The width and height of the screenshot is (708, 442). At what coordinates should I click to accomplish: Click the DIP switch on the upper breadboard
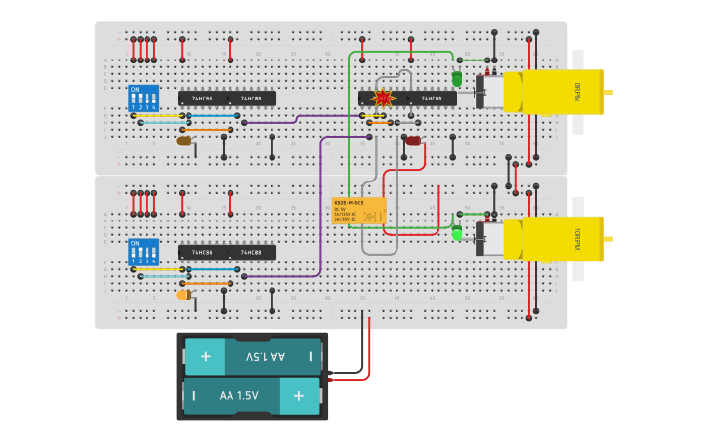143,98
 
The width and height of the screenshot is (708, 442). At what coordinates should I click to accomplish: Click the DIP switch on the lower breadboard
143,252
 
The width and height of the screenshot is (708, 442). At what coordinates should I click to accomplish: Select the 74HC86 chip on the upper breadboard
202,99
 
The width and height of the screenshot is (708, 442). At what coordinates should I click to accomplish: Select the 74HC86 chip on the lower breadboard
202,253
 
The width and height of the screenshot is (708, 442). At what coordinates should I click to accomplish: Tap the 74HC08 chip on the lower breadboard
252,253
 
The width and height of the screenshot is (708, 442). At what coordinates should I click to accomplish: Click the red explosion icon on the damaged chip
383,99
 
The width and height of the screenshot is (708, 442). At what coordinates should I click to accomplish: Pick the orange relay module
359,211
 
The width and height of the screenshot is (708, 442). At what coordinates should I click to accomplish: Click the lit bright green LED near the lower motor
457,233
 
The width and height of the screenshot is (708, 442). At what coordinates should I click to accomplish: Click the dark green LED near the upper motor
457,79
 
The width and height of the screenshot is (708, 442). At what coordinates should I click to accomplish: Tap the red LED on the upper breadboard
413,141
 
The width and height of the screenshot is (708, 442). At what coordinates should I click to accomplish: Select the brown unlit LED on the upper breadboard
184,141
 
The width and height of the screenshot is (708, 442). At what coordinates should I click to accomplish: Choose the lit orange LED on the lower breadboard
184,295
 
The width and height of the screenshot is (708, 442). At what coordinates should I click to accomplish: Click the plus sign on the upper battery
205,357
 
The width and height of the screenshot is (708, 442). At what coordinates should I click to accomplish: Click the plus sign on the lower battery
299,396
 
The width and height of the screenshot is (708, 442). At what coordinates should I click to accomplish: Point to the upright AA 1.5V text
238,396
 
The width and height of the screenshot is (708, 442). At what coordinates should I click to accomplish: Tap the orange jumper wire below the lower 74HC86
205,283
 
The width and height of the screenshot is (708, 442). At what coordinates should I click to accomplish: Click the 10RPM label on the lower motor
577,238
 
